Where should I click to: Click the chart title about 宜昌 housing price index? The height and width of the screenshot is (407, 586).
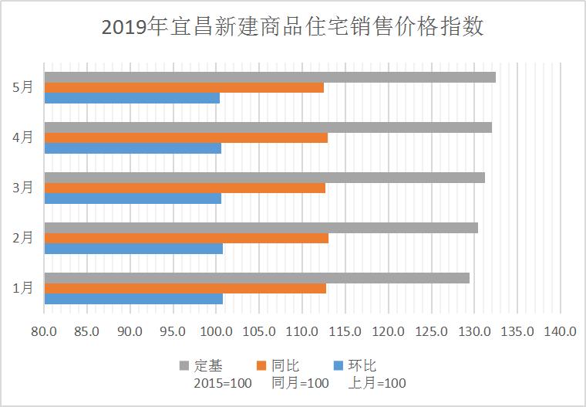tap(293, 28)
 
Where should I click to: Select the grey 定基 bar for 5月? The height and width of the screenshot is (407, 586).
tap(270, 77)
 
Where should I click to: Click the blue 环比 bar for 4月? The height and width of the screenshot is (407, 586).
tap(133, 148)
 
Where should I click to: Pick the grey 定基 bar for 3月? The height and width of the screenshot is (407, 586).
tap(264, 178)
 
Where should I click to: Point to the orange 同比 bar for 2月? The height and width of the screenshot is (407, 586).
tap(186, 238)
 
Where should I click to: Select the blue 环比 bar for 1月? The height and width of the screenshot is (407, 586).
tap(133, 298)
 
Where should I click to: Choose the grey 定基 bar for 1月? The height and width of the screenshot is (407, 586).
tap(257, 278)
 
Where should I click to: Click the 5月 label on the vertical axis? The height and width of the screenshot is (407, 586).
tap(23, 87)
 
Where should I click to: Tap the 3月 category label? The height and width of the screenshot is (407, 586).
tap(23, 188)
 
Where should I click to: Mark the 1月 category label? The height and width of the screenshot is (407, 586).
tap(23, 288)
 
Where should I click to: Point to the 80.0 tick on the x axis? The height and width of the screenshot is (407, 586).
tap(45, 332)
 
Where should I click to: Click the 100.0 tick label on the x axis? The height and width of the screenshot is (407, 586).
tap(217, 332)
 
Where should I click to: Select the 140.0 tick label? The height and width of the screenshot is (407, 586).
tap(561, 332)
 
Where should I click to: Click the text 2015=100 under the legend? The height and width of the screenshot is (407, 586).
tap(218, 383)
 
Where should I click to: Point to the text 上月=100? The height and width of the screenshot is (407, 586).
tap(378, 383)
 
